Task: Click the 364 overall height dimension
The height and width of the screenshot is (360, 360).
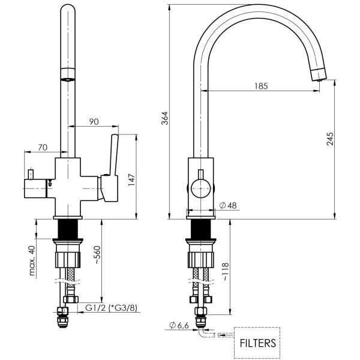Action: [x=164, y=118]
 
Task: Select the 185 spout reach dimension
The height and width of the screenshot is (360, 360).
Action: [x=261, y=86]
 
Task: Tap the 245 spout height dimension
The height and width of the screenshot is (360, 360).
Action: [x=330, y=139]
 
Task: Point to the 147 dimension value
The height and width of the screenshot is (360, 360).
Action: [x=131, y=179]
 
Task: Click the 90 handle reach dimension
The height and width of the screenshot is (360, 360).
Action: [x=94, y=121]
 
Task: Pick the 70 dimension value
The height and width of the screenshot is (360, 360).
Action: [x=43, y=147]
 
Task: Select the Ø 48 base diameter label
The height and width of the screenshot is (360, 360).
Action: [x=228, y=205]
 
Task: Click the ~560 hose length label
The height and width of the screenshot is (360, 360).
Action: [x=97, y=255]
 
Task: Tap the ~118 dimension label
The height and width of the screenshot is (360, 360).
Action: [x=226, y=272]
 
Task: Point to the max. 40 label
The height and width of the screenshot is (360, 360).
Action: [x=32, y=260]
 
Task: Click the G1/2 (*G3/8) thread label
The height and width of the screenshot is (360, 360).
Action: [x=111, y=308]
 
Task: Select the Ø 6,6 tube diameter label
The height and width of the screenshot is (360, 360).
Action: [x=179, y=325]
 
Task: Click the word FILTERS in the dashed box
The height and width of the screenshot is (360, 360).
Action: [x=257, y=343]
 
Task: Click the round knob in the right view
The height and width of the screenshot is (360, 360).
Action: [x=200, y=188]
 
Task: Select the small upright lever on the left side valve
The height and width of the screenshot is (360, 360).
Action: [x=31, y=175]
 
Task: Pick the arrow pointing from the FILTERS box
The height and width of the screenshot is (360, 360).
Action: [x=226, y=335]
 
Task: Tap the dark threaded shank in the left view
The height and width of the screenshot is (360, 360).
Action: [x=68, y=229]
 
